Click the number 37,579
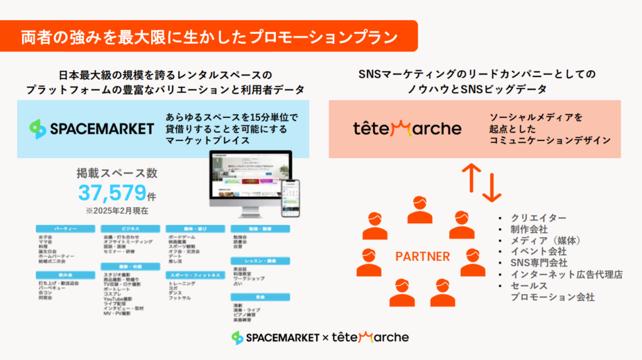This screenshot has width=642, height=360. (x=112, y=193)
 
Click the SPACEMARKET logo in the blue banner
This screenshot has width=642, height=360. (x=92, y=129)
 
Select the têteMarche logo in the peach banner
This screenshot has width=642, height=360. (x=407, y=129)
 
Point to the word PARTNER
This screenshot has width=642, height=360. (x=422, y=257)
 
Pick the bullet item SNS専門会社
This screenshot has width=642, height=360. (x=539, y=263)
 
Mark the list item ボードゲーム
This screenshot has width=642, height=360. (x=182, y=236)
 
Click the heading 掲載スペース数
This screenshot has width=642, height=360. (x=117, y=173)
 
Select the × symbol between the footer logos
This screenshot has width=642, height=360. (x=325, y=337)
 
